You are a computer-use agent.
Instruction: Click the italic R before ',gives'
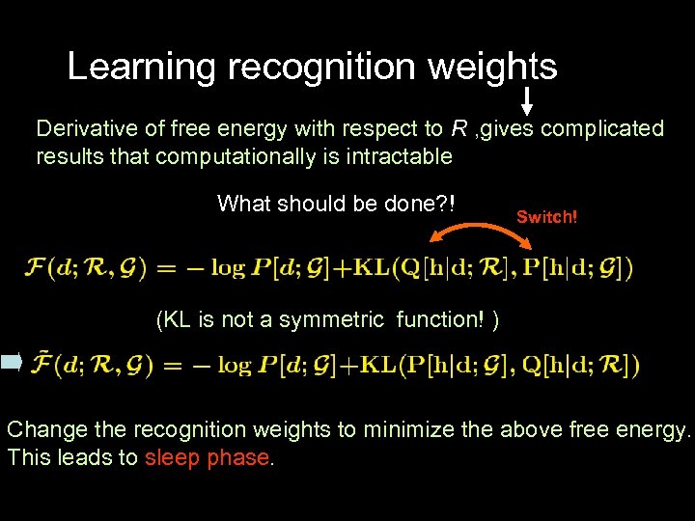[460, 129]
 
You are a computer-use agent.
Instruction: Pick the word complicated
[602, 129]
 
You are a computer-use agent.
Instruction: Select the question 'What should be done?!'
[336, 204]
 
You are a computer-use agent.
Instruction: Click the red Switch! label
[546, 217]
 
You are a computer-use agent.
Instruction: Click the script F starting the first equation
[36, 267]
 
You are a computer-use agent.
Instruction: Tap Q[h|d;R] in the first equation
[426, 267]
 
